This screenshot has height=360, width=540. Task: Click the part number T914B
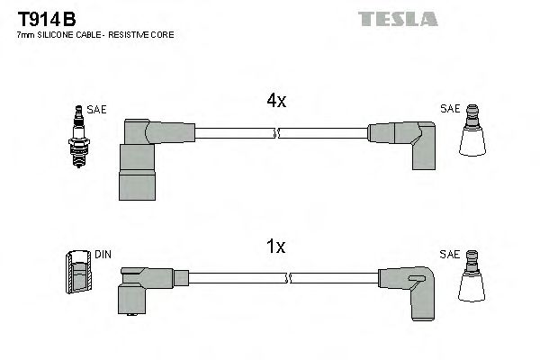coord(46,19)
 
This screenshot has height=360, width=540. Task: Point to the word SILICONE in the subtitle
coord(57,34)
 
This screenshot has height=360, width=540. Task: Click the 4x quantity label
coord(276,102)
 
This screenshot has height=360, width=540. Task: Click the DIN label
coord(103,256)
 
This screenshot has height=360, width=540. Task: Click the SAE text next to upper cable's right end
coord(450,110)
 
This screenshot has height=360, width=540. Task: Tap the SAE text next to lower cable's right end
coord(450,256)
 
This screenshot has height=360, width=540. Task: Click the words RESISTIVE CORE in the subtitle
coord(144,34)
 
